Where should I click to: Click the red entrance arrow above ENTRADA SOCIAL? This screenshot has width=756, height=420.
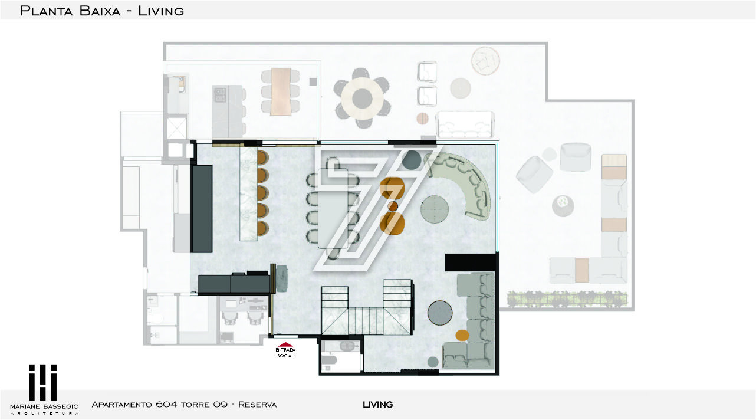(285, 344)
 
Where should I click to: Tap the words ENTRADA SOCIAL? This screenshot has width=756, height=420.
(285, 353)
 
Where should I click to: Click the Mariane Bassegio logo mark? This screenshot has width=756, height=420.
(42, 382)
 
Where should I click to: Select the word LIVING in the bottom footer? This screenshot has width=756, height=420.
(377, 405)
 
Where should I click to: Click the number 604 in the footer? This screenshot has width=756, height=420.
(166, 405)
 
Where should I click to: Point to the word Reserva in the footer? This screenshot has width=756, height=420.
(257, 405)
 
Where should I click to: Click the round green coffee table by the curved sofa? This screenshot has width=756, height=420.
(435, 209)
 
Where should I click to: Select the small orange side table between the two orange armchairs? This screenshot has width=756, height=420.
(393, 206)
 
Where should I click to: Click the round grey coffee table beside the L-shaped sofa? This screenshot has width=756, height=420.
(440, 313)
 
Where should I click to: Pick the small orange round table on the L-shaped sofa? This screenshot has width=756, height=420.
(462, 335)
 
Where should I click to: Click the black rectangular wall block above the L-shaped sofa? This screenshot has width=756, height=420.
(471, 262)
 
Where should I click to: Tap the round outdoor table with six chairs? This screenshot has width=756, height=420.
(362, 99)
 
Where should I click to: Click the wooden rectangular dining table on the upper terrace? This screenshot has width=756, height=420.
(281, 92)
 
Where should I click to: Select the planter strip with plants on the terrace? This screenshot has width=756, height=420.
(567, 300)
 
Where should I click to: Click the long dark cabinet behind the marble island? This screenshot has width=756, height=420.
(202, 209)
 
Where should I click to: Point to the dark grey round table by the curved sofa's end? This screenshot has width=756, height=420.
(412, 160)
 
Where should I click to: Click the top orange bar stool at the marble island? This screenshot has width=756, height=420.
(262, 158)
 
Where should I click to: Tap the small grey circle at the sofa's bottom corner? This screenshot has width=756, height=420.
(433, 362)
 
